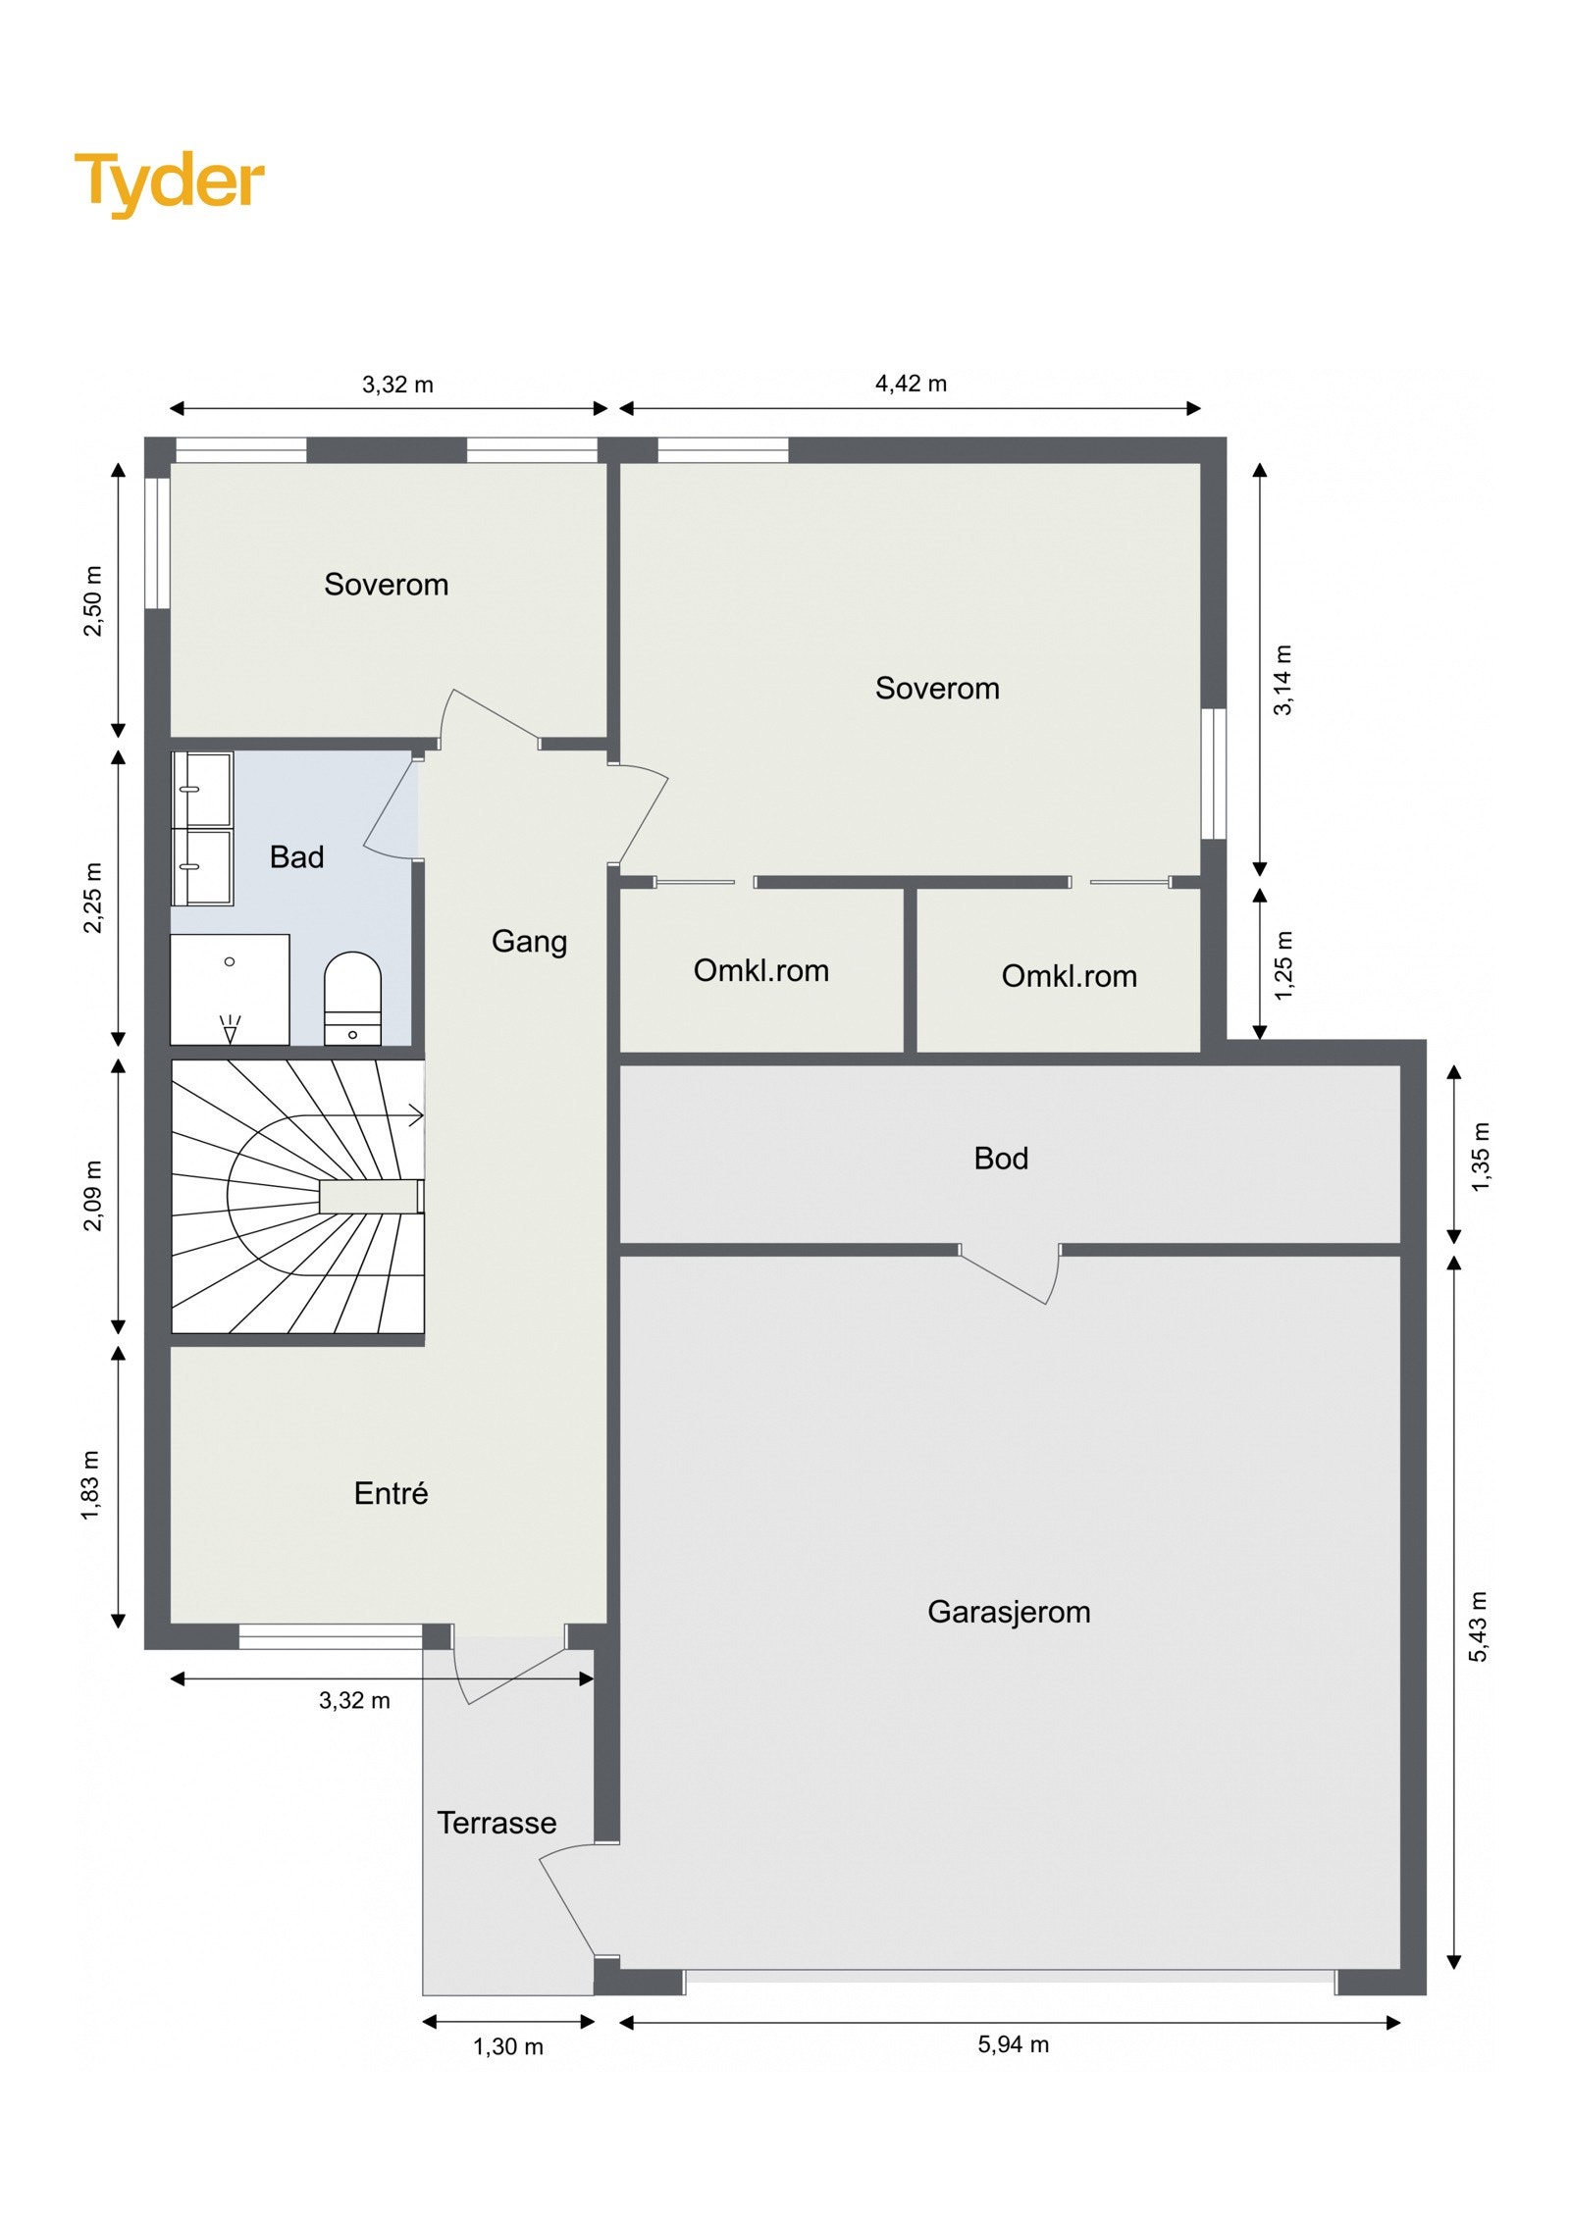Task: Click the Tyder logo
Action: pyautogui.click(x=169, y=182)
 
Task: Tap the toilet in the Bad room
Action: pyautogui.click(x=351, y=996)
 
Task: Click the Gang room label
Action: pyautogui.click(x=529, y=941)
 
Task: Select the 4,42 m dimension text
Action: pyautogui.click(x=911, y=384)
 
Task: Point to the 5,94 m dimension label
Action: pyautogui.click(x=1013, y=2044)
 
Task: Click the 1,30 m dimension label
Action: pyautogui.click(x=507, y=2046)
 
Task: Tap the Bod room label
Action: pyautogui.click(x=1001, y=1159)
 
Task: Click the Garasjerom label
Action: pyautogui.click(x=1009, y=1612)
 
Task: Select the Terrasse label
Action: pyautogui.click(x=497, y=1823)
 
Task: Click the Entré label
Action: pyautogui.click(x=391, y=1493)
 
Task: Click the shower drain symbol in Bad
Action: pyautogui.click(x=231, y=1029)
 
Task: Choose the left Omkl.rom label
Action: pyautogui.click(x=760, y=970)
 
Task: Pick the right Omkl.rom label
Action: pyautogui.click(x=1069, y=976)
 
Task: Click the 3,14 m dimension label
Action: pyautogui.click(x=1282, y=680)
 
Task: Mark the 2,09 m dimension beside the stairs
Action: pyautogui.click(x=92, y=1196)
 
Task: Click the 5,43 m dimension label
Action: pyautogui.click(x=1478, y=1626)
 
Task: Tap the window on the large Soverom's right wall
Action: pyautogui.click(x=1214, y=774)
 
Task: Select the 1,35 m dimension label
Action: pyautogui.click(x=1480, y=1158)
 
